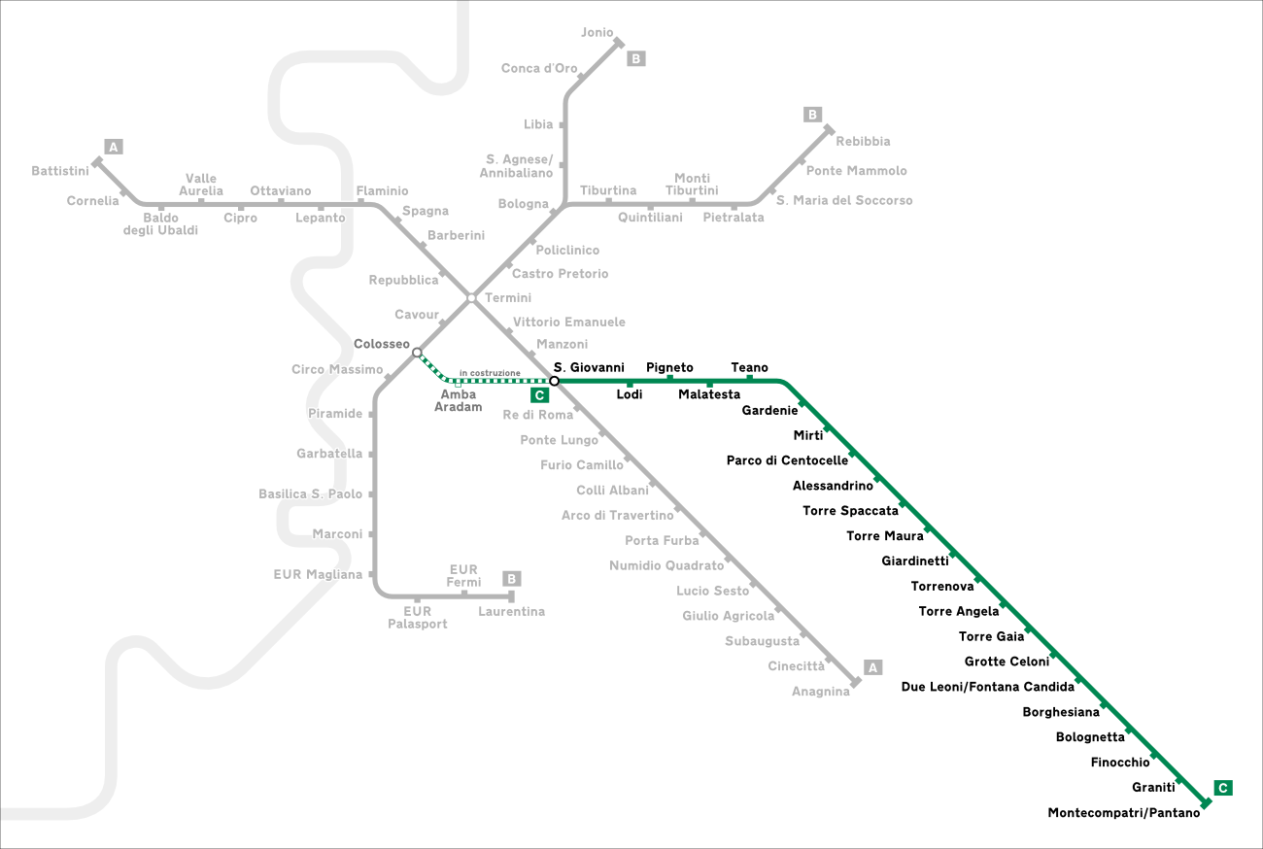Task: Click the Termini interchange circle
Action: [471, 298]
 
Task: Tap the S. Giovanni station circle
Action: [554, 381]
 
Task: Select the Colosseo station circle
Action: [417, 353]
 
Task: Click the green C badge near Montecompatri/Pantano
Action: [1223, 788]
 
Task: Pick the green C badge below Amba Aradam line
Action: [539, 395]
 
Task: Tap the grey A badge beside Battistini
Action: [114, 148]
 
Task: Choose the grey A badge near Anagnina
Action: [872, 667]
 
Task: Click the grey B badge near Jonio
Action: [635, 58]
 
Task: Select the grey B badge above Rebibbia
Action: [812, 115]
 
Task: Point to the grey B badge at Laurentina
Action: [512, 579]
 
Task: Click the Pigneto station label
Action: [670, 367]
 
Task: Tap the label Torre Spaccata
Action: [850, 511]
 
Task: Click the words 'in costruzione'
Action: [490, 373]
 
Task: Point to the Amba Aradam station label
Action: [459, 400]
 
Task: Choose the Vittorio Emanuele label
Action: [569, 322]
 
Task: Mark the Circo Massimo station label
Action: [337, 369]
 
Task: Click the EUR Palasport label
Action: [418, 618]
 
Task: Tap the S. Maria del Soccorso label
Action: [844, 200]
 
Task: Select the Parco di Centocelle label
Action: [787, 460]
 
